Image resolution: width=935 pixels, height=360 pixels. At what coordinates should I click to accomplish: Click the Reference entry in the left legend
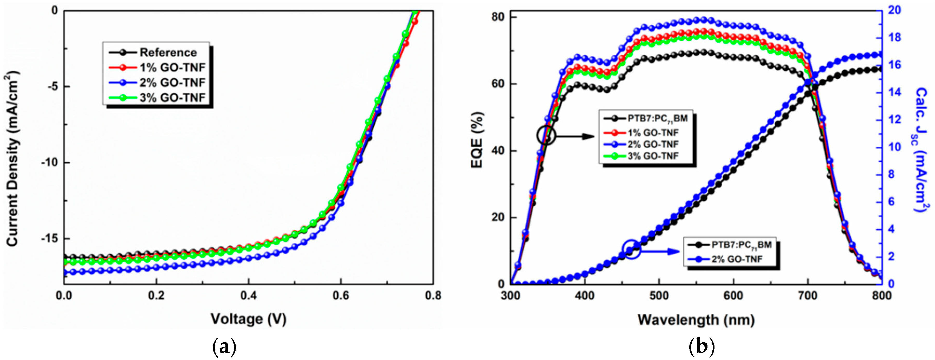[x=168, y=53]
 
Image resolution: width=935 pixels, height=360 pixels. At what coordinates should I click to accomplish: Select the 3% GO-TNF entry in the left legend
[x=172, y=98]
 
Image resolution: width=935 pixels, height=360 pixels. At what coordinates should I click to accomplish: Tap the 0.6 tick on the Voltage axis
[x=341, y=295]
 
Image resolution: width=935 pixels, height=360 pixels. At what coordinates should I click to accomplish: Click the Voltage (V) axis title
[x=249, y=319]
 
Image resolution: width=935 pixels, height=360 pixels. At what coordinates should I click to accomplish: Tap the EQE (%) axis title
[x=477, y=140]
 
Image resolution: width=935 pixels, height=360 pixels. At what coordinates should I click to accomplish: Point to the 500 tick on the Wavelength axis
[x=659, y=295]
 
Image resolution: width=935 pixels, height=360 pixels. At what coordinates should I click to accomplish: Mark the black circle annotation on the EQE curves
[x=546, y=135]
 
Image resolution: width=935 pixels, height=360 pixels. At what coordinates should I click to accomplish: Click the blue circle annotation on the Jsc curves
[x=632, y=249]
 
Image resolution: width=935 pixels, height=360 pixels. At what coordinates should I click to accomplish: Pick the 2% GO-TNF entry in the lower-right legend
[x=737, y=259]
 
